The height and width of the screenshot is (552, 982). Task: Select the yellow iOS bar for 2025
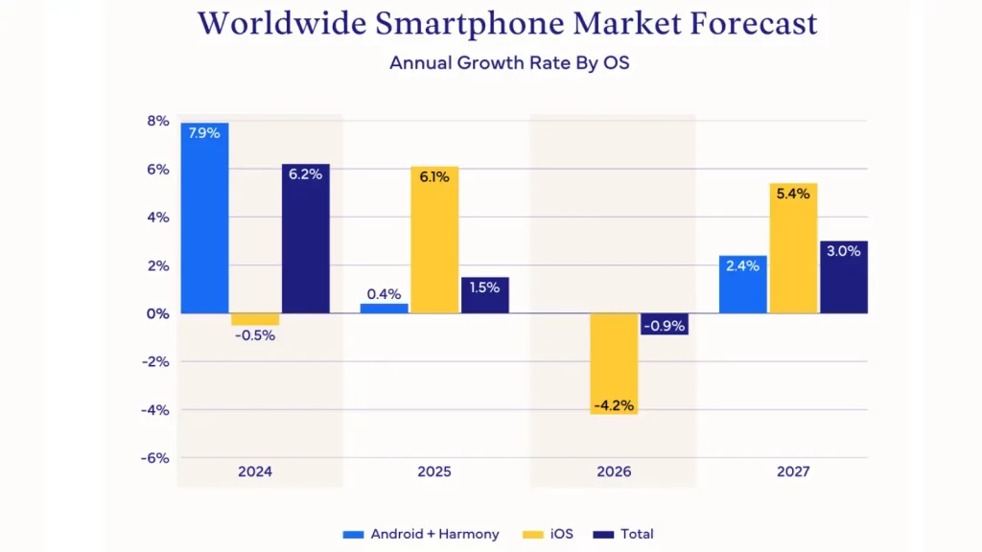coord(434,240)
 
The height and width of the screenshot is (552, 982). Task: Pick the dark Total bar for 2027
coord(844,277)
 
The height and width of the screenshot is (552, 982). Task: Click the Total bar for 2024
coord(305,239)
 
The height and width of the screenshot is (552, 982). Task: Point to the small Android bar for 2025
coord(384,308)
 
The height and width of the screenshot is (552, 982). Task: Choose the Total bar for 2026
coord(665,324)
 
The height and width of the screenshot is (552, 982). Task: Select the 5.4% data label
coord(793,194)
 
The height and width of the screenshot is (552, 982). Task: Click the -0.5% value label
coord(255,335)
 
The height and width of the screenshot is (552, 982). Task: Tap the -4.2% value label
coord(614,405)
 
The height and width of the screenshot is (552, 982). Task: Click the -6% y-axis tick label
coord(154,457)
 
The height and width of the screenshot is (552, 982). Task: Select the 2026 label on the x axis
coord(614,471)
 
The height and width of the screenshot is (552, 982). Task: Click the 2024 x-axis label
coord(255,471)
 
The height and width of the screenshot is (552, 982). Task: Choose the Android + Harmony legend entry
coord(421,534)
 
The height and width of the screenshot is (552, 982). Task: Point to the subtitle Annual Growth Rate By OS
coord(508,63)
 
